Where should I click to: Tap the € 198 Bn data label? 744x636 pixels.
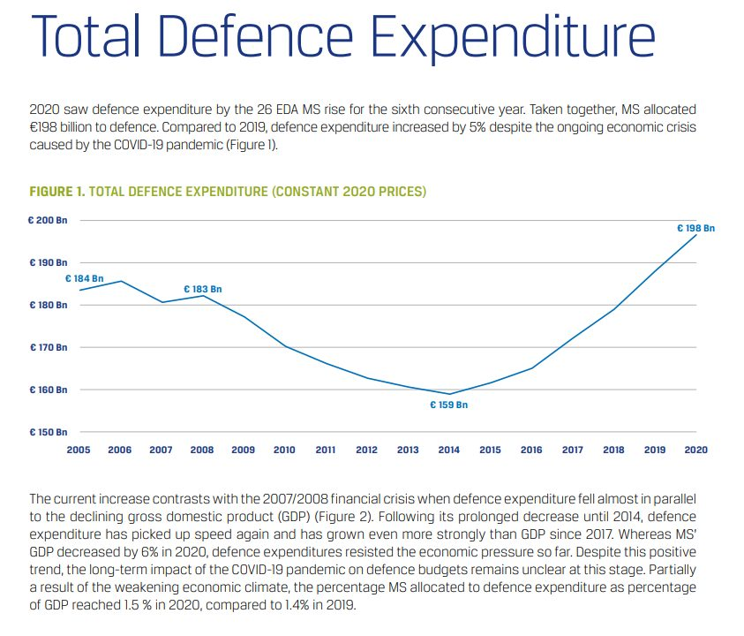(695, 228)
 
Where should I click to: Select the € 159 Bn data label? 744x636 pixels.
(448, 405)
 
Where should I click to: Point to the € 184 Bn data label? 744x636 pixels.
(84, 278)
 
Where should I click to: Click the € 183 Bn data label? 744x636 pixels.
(202, 289)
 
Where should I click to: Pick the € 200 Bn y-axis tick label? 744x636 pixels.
(48, 219)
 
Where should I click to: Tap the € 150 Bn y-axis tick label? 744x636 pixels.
(48, 432)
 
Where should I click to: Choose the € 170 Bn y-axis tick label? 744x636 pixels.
(48, 347)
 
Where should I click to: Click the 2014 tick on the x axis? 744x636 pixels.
(449, 450)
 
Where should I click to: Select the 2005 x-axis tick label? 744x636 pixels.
(79, 450)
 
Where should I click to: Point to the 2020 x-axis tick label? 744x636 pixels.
(695, 450)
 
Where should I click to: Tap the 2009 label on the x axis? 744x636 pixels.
(243, 450)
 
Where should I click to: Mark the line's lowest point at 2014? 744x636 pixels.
(449, 394)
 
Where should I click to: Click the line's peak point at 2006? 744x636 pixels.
(120, 281)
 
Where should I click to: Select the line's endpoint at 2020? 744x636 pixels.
(696, 234)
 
